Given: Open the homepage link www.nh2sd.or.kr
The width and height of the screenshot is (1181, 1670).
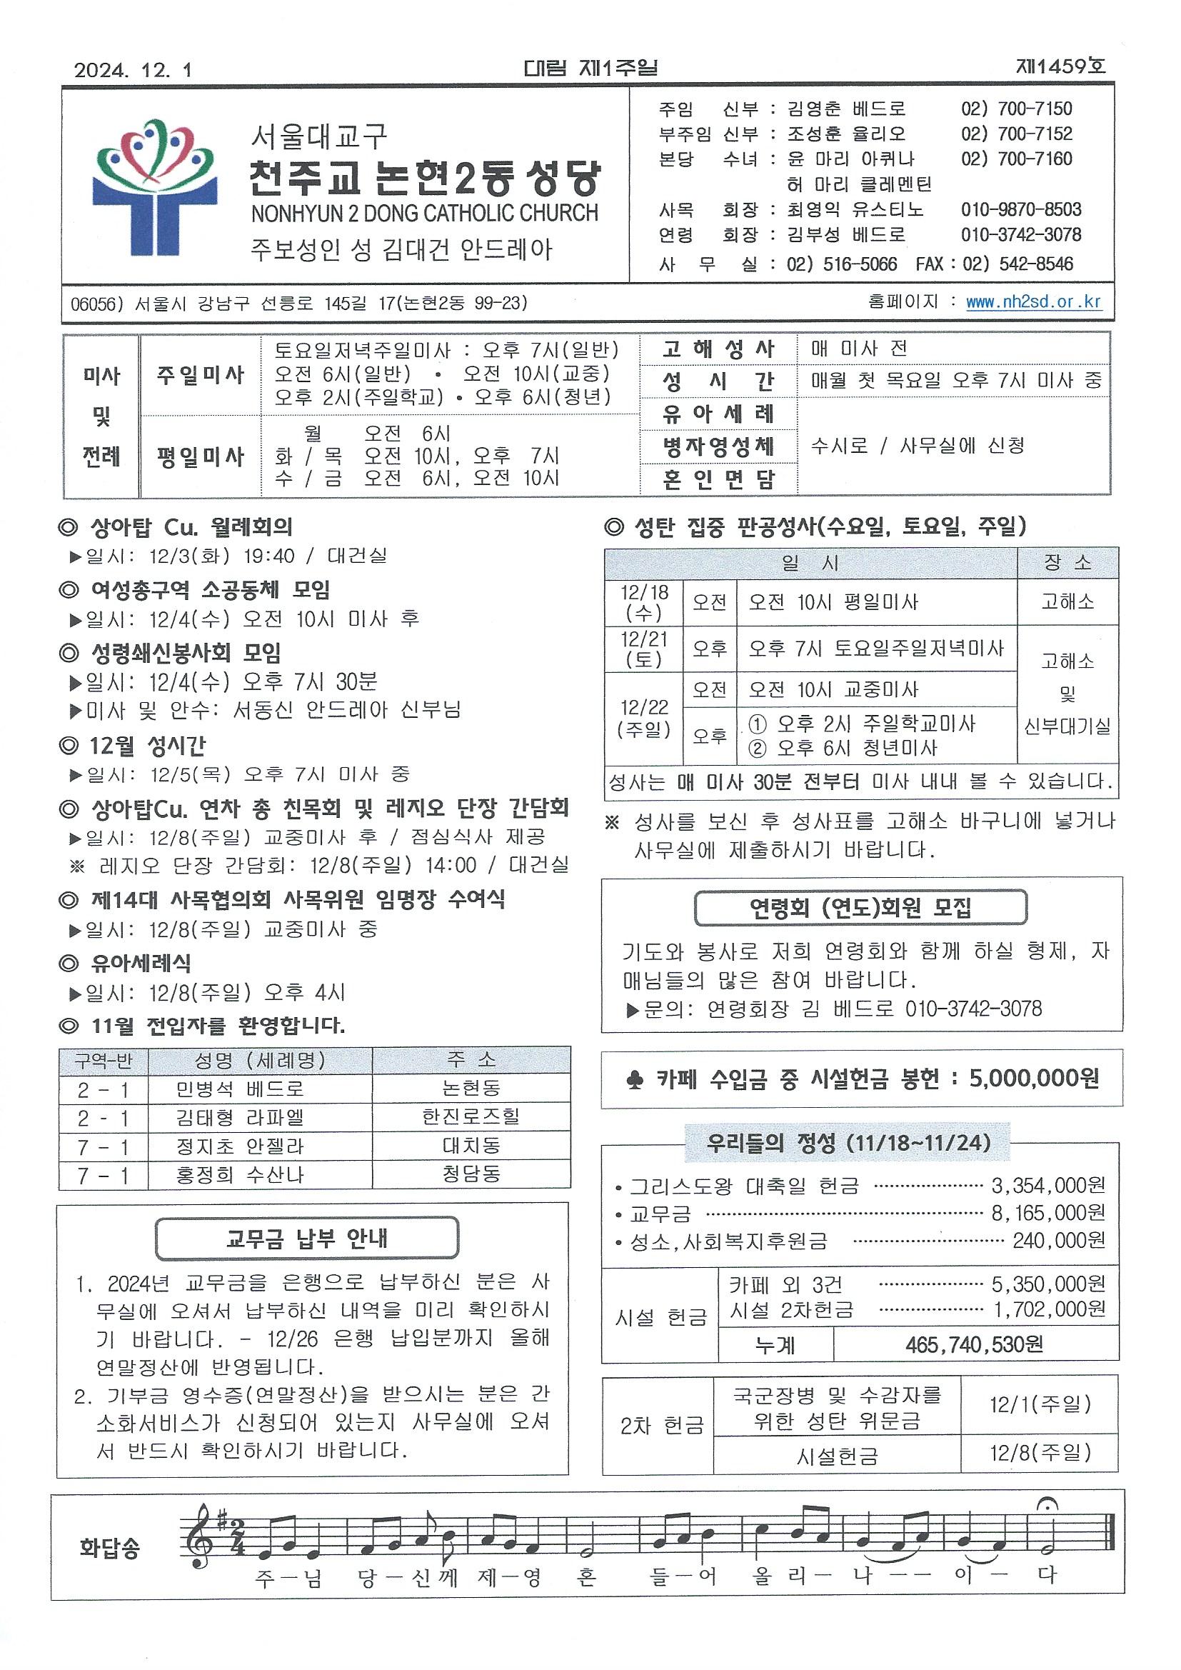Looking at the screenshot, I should click(1033, 302).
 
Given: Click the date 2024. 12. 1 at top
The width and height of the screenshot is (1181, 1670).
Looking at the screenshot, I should click(132, 70).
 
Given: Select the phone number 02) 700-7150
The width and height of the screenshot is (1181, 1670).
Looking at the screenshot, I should click(1016, 109).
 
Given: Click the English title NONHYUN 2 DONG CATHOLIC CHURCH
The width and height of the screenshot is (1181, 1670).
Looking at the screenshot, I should click(424, 213).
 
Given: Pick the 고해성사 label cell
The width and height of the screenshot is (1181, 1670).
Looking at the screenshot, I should click(718, 349).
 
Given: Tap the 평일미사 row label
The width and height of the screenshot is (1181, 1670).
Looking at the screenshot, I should click(200, 456).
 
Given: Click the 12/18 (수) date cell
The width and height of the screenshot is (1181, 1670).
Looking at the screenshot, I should click(643, 602).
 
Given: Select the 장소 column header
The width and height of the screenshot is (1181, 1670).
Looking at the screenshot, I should click(1067, 563).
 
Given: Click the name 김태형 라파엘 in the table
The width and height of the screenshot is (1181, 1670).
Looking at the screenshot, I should click(239, 1117).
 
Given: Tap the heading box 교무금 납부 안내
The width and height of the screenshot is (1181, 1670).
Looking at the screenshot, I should click(307, 1238).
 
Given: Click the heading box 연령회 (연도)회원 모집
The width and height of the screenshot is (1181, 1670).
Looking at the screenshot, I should click(860, 908).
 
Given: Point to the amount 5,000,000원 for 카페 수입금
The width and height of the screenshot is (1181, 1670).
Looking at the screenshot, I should click(1033, 1078).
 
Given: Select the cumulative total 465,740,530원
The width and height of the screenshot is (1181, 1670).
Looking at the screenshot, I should click(975, 1344).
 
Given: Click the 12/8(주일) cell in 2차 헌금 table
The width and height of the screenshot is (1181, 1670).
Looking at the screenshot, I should click(1040, 1453).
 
